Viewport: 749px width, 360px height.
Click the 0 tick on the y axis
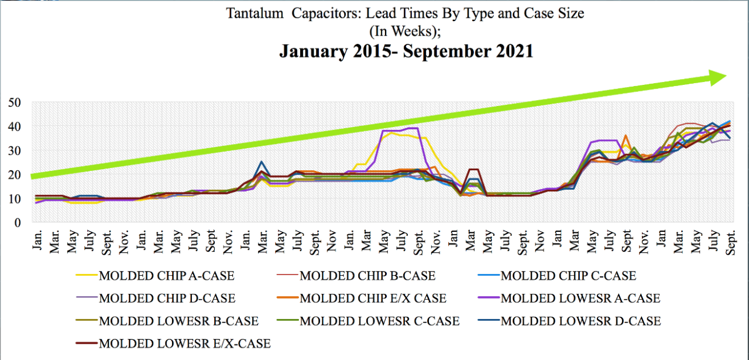(x=17, y=223)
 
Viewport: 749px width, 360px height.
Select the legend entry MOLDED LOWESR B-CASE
(x=170, y=321)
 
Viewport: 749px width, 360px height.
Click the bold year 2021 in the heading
(x=509, y=51)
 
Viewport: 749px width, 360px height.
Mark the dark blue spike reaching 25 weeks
(x=262, y=162)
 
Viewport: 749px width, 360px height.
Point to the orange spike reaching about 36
(x=626, y=136)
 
